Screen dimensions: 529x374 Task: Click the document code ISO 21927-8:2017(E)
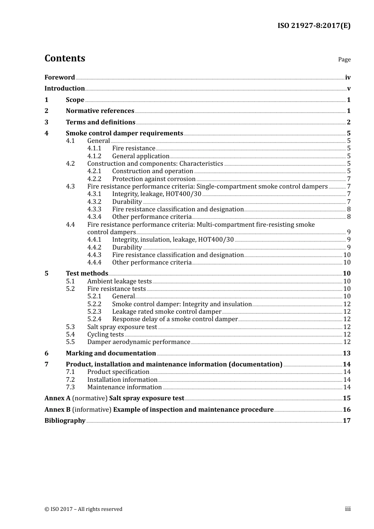click(314, 26)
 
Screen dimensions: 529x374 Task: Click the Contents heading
click(65, 58)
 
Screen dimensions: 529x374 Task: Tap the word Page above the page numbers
click(344, 59)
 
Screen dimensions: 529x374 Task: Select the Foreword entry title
click(59, 78)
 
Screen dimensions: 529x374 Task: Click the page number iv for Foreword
click(348, 78)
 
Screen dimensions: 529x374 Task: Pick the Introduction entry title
click(65, 89)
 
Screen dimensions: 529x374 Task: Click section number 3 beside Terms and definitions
click(46, 122)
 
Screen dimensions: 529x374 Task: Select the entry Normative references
click(100, 111)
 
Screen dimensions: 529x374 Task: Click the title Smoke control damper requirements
click(124, 133)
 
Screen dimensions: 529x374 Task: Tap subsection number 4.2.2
click(94, 179)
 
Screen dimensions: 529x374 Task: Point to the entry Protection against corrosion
click(154, 179)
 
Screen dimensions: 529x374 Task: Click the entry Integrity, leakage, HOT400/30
click(156, 194)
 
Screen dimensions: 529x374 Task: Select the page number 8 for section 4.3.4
click(349, 217)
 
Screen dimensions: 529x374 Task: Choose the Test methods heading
click(87, 274)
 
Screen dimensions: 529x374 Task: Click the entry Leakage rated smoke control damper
click(167, 312)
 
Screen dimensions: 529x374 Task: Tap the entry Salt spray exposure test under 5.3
click(122, 327)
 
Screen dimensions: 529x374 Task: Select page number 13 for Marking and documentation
click(346, 353)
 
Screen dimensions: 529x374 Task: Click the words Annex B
click(57, 410)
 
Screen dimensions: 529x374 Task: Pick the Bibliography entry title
click(65, 421)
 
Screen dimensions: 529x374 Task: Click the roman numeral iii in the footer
click(348, 509)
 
